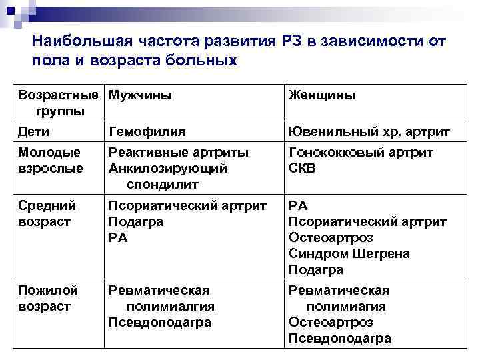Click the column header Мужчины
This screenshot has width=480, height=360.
(140, 95)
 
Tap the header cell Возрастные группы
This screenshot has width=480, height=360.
(61, 102)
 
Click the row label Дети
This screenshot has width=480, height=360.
(34, 132)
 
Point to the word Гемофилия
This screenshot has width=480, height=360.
(147, 132)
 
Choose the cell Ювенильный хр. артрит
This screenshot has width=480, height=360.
(369, 132)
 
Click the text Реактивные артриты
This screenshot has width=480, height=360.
(179, 153)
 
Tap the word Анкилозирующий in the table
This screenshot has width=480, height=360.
(168, 169)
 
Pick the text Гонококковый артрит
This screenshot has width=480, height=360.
(361, 153)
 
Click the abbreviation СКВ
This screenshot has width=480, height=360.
(302, 169)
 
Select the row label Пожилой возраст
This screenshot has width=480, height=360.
(49, 298)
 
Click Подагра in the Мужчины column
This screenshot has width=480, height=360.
(136, 222)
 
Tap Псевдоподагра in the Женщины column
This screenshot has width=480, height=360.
(339, 338)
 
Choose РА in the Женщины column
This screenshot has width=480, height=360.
(298, 206)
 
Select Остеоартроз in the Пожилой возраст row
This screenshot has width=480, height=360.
(331, 322)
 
